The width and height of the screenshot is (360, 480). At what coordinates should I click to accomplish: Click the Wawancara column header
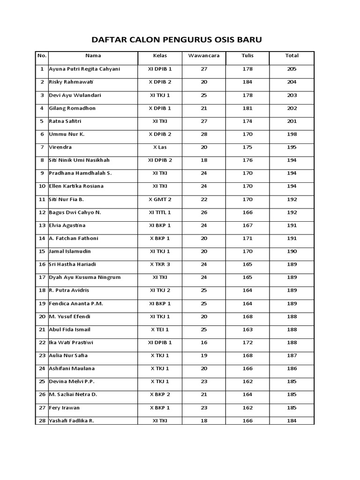(x=204, y=56)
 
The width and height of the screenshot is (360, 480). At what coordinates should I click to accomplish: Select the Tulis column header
(x=247, y=56)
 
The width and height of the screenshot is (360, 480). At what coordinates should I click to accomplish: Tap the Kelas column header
(x=160, y=56)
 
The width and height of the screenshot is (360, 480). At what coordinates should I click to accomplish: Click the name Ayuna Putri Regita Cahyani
(x=85, y=69)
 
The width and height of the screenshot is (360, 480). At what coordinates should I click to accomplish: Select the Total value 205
(x=292, y=69)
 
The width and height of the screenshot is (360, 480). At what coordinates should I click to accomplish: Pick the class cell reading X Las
(x=160, y=147)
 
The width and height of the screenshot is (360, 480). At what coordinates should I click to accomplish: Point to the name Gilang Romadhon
(x=73, y=108)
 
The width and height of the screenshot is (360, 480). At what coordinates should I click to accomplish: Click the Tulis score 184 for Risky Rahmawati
(x=247, y=82)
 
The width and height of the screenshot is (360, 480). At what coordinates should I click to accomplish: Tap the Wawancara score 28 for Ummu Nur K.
(x=204, y=134)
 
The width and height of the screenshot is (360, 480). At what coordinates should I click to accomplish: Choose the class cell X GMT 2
(x=160, y=199)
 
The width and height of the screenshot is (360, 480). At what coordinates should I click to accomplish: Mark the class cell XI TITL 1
(x=160, y=212)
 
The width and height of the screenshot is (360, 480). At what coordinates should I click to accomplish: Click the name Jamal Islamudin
(x=70, y=251)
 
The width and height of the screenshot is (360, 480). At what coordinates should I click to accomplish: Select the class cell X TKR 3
(x=160, y=264)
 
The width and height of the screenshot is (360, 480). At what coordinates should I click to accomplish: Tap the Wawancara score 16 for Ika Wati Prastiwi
(x=204, y=343)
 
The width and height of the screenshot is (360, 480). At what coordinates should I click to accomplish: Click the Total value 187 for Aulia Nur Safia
(x=292, y=355)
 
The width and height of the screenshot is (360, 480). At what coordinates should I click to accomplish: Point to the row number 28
(x=42, y=420)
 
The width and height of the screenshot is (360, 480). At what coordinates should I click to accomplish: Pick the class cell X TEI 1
(x=160, y=330)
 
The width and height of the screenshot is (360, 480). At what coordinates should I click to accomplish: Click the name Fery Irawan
(x=65, y=408)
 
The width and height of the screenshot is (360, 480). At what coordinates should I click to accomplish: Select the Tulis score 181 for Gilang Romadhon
(x=247, y=108)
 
